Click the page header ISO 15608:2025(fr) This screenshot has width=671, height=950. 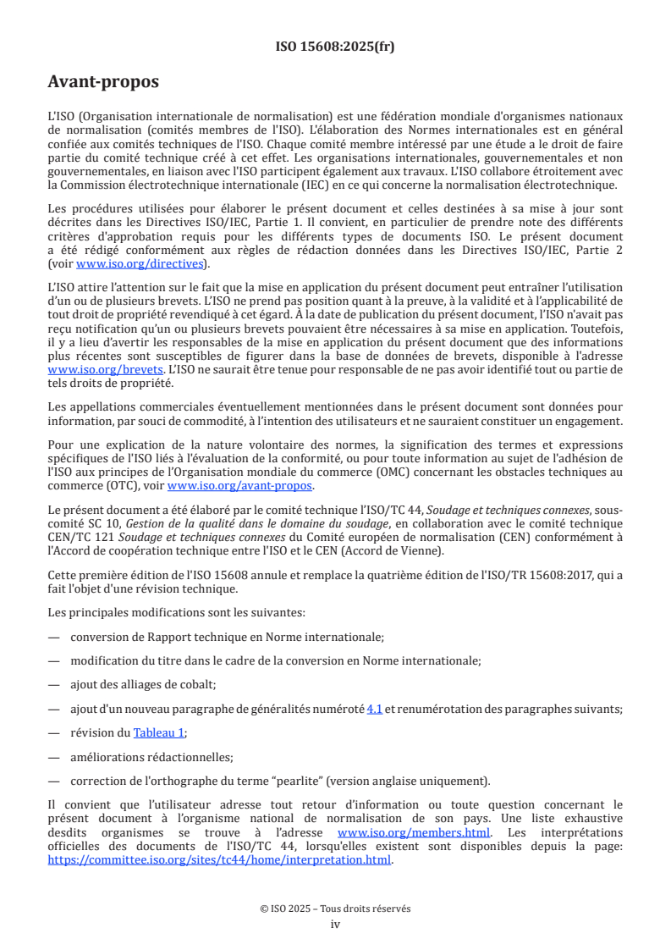click(335, 47)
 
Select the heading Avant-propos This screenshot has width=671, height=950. click(103, 82)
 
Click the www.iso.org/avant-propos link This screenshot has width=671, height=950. click(239, 485)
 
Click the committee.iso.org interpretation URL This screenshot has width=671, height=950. click(219, 859)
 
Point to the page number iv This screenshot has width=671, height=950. click(335, 924)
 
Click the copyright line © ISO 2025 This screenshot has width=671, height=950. click(335, 909)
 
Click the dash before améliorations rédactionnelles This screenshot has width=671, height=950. click(54, 757)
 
